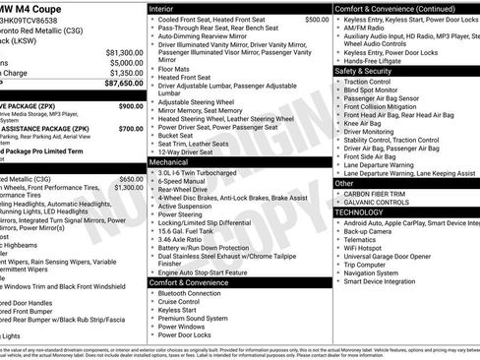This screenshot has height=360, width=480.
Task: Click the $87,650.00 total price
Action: point(116,85)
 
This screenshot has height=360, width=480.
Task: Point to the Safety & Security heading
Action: point(363,71)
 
